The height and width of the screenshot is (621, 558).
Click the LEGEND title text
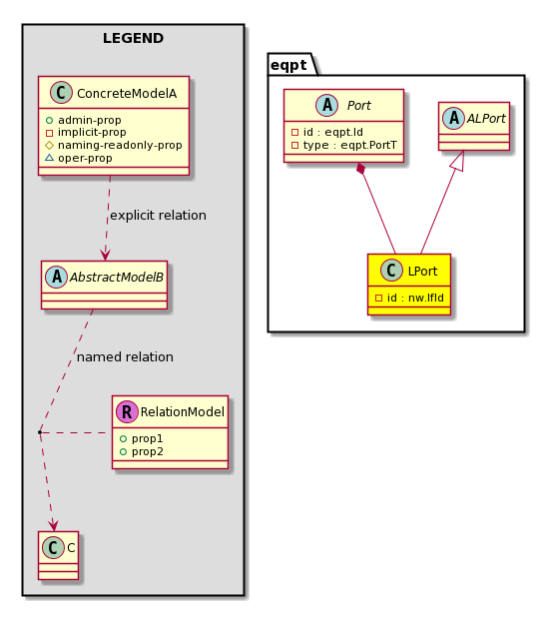click(133, 38)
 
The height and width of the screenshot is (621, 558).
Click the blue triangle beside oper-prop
click(50, 158)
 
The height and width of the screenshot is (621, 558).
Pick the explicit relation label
click(158, 215)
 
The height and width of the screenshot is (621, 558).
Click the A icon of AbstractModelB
click(56, 277)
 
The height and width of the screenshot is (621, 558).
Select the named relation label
click(125, 356)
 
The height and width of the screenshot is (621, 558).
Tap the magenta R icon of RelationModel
click(127, 411)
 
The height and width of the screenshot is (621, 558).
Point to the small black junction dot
click(40, 432)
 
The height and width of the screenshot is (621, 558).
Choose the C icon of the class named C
click(53, 547)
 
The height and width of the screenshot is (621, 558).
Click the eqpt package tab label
click(288, 65)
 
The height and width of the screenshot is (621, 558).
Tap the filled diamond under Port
click(360, 169)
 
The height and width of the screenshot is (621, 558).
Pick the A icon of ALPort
click(453, 118)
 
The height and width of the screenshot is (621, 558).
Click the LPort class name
click(422, 272)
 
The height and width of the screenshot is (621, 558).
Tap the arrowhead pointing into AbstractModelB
click(106, 255)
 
